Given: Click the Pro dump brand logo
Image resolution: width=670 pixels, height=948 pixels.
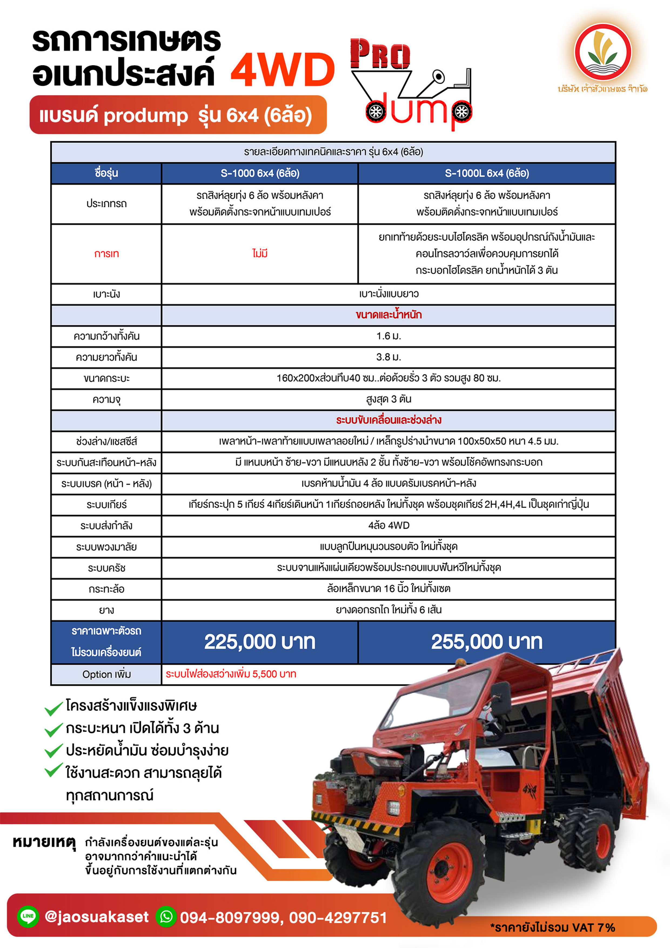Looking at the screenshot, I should click(411, 83).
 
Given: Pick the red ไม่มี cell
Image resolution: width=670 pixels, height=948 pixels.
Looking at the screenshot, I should click(260, 253).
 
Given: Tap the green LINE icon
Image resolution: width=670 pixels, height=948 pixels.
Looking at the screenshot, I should click(28, 916).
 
